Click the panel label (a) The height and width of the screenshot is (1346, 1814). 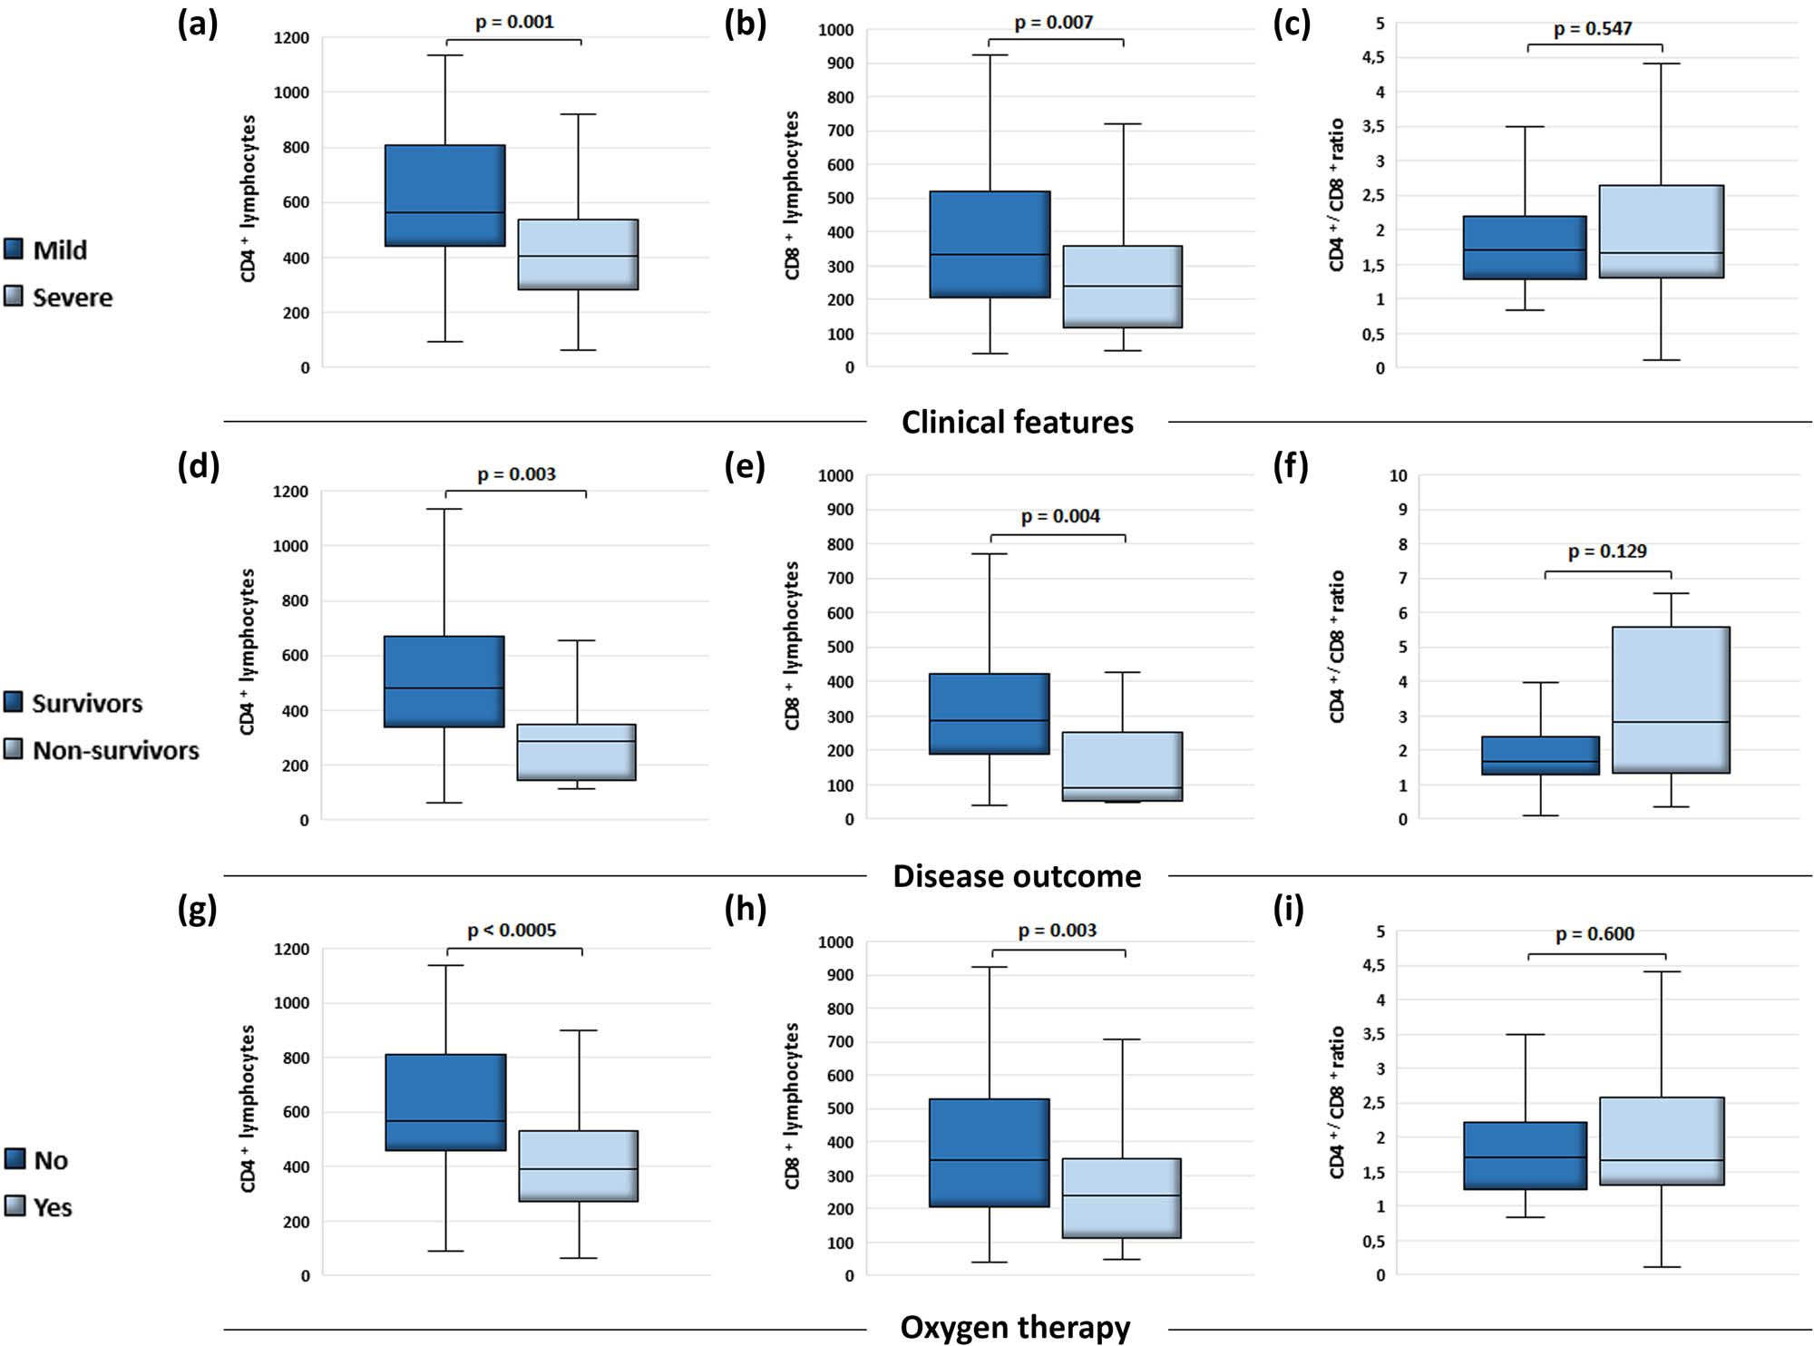pos(198,24)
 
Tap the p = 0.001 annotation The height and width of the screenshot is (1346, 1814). pos(514,22)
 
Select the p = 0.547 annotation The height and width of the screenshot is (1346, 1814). pos(1593,29)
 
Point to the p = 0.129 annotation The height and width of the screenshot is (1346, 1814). pos(1607,551)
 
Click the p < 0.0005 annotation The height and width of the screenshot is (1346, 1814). pos(512,931)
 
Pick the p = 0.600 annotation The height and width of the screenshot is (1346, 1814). pos(1595,934)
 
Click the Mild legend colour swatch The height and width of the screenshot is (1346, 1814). pos(14,249)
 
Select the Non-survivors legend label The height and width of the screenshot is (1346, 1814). pos(116,751)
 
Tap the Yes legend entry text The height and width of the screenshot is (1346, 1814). pos(53,1208)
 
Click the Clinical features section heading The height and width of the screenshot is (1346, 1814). pos(1017,423)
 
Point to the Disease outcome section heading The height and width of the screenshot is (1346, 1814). pos(1017,876)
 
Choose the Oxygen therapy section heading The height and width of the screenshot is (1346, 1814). pos(1015,1328)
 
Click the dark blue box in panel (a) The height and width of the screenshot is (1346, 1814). pos(444,195)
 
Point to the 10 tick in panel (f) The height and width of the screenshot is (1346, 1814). pos(1398,475)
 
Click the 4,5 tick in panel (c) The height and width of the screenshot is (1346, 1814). pos(1373,58)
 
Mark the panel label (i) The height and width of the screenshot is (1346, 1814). pos(1289,909)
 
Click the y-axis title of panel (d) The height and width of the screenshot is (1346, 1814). pos(248,651)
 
